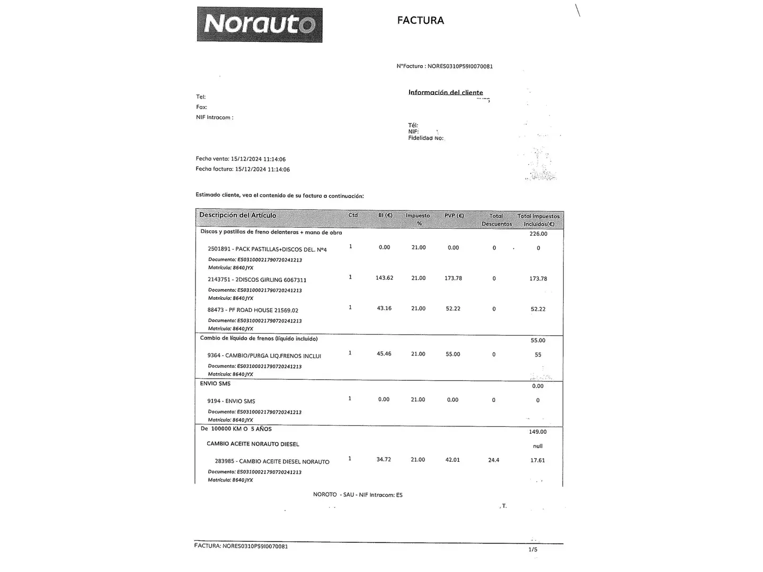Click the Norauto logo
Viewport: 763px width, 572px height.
click(x=259, y=24)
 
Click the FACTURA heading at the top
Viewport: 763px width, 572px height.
click(x=420, y=21)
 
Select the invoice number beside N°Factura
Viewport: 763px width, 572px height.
click(x=460, y=67)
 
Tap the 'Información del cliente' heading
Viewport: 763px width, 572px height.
click(x=445, y=93)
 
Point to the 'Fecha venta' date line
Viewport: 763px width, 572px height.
click(x=241, y=159)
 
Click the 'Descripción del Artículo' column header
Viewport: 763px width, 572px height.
click(x=237, y=215)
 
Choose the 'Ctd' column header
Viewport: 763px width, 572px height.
click(x=353, y=215)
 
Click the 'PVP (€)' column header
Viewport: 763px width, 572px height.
click(x=454, y=216)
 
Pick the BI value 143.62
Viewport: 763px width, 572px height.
click(x=384, y=278)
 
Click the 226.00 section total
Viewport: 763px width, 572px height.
click(x=538, y=234)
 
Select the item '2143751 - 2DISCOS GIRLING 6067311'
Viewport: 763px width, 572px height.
click(x=256, y=280)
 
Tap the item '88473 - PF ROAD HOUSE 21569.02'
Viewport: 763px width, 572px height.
click(x=253, y=310)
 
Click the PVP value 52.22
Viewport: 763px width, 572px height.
click(x=453, y=309)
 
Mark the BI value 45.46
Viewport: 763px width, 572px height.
click(x=384, y=354)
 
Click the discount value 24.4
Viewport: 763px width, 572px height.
click(x=493, y=460)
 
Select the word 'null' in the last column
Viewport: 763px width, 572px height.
click(x=537, y=446)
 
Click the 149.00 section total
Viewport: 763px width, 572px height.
click(x=538, y=432)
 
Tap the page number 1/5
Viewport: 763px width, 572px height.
click(x=533, y=550)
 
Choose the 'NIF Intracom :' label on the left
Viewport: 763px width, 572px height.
click(x=215, y=118)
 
